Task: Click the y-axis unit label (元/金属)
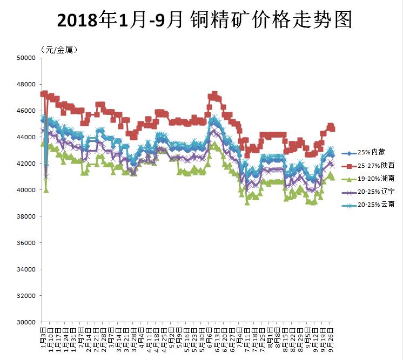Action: click(59, 49)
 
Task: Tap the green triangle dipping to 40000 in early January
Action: click(46, 189)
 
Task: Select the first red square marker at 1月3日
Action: click(43, 94)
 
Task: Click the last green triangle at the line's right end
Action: click(332, 176)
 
